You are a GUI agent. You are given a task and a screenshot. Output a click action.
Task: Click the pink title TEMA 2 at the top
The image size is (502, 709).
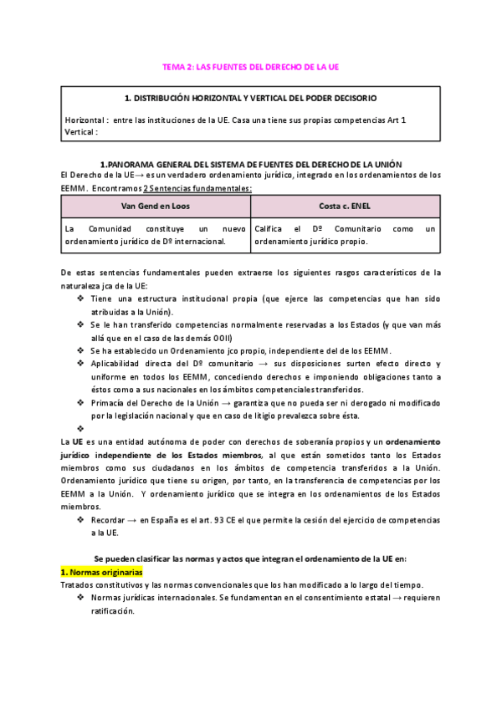[250, 66]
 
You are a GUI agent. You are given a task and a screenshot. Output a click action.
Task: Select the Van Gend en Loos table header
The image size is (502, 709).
[156, 206]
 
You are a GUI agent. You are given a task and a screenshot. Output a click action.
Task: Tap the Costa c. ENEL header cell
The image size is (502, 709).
[343, 206]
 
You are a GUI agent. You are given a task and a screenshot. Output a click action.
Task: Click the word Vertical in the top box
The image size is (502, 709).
[80, 131]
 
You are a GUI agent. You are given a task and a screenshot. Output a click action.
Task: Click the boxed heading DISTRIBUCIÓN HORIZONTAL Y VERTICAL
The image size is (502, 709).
[250, 98]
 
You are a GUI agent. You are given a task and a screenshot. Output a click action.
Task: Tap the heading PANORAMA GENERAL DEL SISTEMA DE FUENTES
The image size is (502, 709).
[251, 164]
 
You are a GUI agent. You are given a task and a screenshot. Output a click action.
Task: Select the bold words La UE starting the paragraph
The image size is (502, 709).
[71, 441]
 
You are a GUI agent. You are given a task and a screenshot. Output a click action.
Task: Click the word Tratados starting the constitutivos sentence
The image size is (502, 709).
[79, 584]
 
